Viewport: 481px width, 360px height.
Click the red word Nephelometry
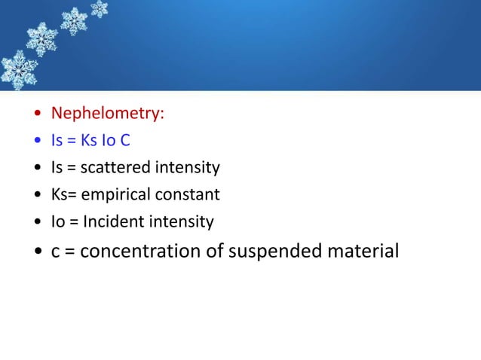(107, 114)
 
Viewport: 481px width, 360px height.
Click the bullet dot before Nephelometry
(37, 114)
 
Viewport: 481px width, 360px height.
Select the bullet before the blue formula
(37, 142)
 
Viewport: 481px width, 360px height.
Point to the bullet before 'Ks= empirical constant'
(37, 196)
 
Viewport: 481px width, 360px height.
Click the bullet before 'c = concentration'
(37, 252)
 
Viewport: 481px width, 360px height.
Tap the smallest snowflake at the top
(99, 8)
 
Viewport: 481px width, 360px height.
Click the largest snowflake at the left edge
(17, 70)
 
